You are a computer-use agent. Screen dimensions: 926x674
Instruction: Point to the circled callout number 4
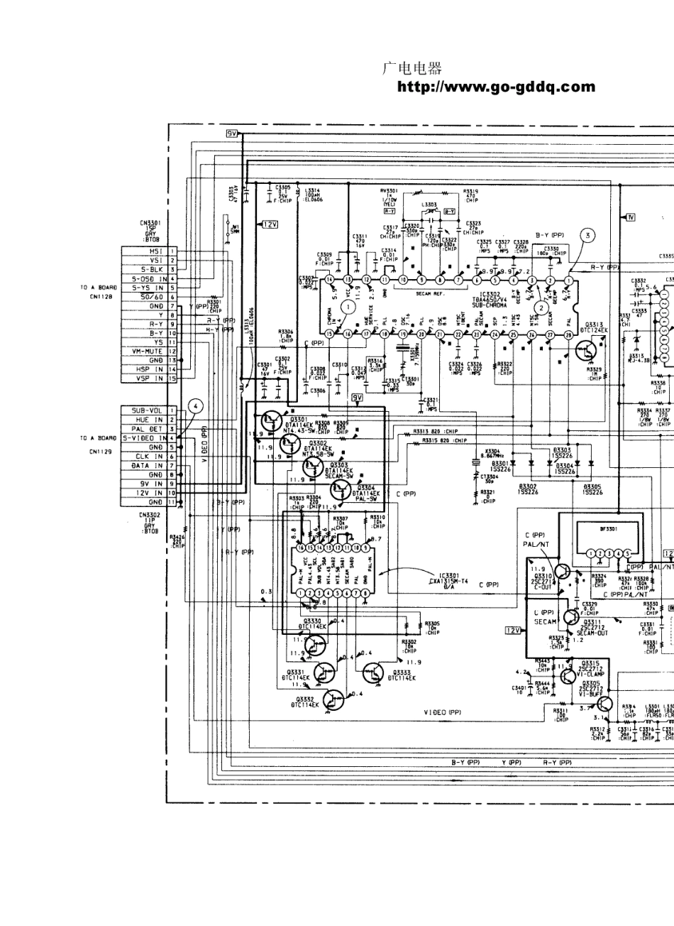point(194,407)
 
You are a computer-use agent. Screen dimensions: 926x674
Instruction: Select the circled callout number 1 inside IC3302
point(348,307)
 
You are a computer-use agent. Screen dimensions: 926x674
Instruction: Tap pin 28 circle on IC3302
point(568,334)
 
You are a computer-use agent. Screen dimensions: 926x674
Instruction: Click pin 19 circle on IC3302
point(403,334)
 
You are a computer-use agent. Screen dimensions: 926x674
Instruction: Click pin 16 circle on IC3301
point(302,548)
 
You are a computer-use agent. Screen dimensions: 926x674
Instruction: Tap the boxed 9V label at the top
point(233,134)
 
